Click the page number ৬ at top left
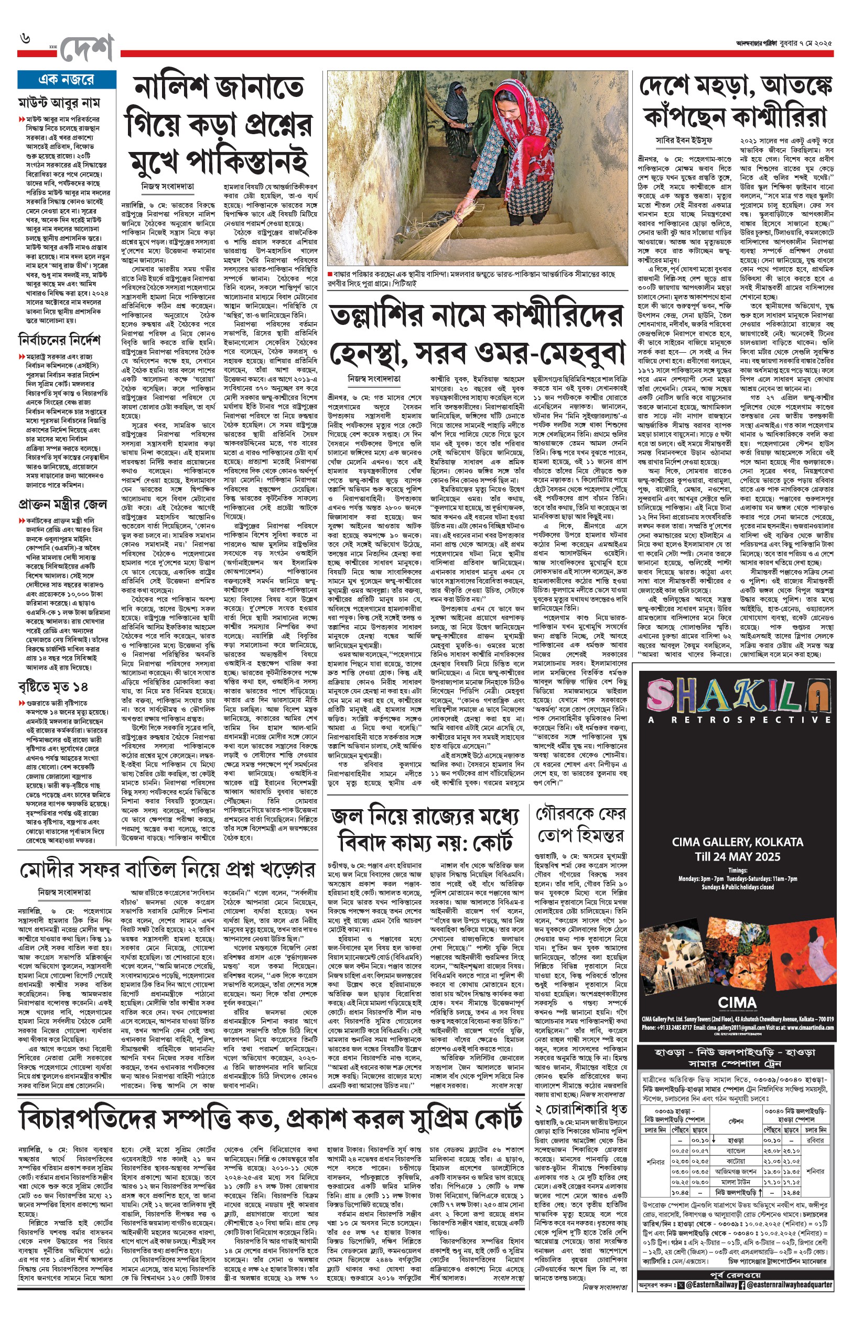(x=26, y=39)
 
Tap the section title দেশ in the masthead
(x=87, y=49)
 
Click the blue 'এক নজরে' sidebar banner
(x=67, y=80)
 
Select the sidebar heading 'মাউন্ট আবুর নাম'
(x=59, y=103)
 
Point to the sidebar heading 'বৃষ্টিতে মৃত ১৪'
(x=53, y=687)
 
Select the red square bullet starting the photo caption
(x=330, y=274)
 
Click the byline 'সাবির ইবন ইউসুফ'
(x=684, y=140)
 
